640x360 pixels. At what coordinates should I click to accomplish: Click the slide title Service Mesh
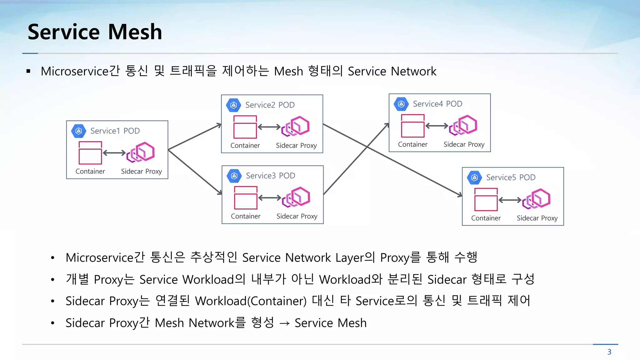[95, 32]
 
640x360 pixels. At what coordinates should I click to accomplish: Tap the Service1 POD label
[115, 131]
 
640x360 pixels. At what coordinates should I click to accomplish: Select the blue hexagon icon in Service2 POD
[234, 105]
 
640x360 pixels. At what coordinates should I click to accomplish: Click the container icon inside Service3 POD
[246, 198]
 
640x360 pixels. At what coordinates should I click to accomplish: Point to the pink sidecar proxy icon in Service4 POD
[463, 125]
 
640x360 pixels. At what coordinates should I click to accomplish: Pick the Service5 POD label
[511, 177]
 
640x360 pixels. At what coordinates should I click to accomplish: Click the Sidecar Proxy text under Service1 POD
[141, 172]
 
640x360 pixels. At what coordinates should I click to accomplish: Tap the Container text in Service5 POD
[486, 218]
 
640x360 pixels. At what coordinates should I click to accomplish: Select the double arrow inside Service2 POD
[269, 127]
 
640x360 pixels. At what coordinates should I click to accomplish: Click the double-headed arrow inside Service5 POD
[510, 200]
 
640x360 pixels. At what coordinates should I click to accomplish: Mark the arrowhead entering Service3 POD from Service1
[220, 192]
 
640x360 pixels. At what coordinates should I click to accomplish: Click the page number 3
[609, 352]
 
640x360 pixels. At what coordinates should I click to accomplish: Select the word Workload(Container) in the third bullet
[251, 301]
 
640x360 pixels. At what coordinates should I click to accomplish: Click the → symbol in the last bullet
[284, 323]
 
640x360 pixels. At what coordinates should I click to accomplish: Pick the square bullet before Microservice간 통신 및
[28, 72]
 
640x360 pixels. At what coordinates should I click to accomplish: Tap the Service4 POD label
[437, 104]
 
